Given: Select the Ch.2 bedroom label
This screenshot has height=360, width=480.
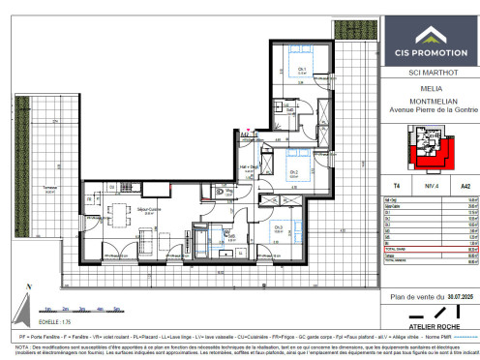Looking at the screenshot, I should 293,172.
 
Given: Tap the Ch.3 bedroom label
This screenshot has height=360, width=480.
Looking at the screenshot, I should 279,227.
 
